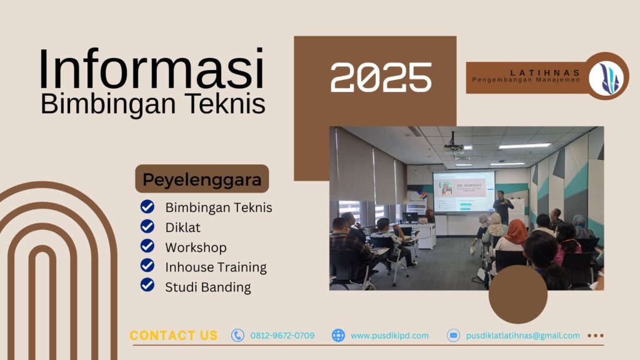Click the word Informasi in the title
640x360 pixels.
click(x=152, y=69)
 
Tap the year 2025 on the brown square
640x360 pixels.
click(x=381, y=78)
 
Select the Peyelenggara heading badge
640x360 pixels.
click(x=202, y=179)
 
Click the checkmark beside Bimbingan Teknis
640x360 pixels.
click(x=147, y=207)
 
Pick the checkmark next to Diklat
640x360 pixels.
click(x=147, y=227)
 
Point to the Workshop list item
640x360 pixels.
click(x=196, y=247)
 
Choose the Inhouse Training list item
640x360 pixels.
click(x=216, y=267)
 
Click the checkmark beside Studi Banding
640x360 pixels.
click(x=147, y=286)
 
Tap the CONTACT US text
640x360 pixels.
click(x=174, y=336)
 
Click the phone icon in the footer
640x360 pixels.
click(x=237, y=336)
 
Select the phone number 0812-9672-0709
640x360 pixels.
click(x=282, y=336)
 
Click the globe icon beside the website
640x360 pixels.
click(x=338, y=336)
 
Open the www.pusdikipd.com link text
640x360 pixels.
click(x=389, y=336)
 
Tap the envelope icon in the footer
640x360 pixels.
click(x=453, y=336)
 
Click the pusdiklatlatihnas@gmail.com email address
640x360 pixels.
click(x=522, y=336)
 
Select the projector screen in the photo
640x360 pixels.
click(x=464, y=192)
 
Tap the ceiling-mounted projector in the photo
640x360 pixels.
click(x=454, y=146)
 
